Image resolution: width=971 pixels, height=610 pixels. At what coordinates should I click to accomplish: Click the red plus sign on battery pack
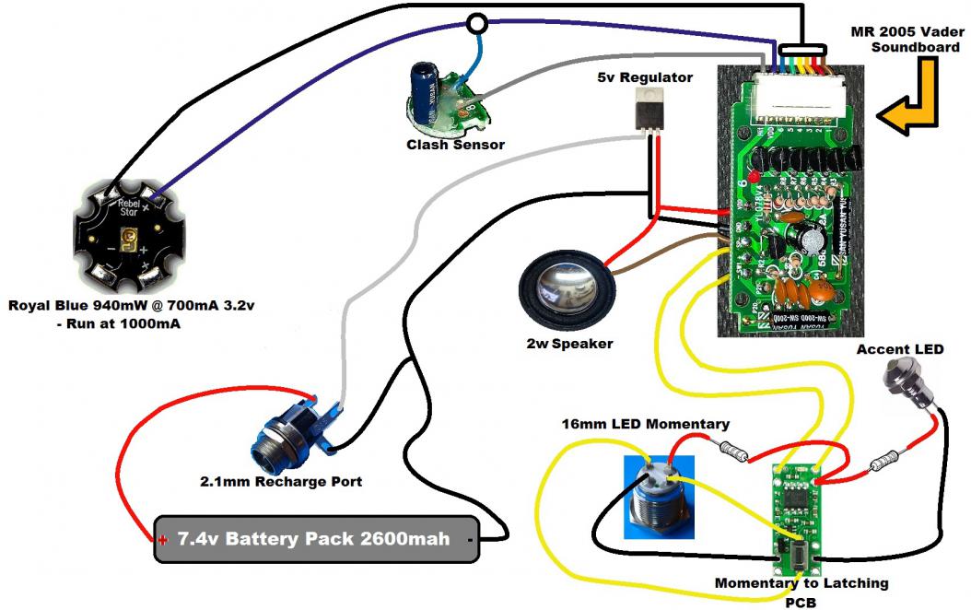tap(162, 539)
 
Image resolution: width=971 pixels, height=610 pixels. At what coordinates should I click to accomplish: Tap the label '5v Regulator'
tap(645, 77)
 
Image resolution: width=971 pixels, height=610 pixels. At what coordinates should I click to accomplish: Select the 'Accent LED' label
tap(899, 349)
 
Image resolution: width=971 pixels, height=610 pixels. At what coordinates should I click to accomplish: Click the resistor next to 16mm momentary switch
tap(734, 451)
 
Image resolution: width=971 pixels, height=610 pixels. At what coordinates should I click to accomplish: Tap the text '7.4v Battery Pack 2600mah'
tap(314, 539)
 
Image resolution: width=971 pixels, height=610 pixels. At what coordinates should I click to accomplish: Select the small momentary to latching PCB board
tap(794, 517)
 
